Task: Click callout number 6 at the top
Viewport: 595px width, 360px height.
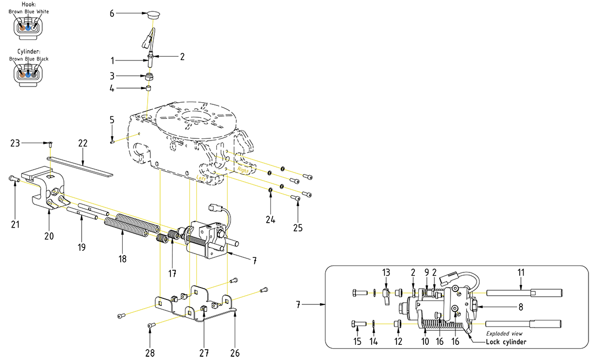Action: (113, 13)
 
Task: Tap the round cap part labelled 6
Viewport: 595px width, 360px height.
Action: (154, 13)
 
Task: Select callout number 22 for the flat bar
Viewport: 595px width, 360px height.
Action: (83, 143)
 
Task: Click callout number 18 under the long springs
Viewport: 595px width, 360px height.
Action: (123, 259)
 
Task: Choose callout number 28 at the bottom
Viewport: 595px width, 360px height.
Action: (150, 353)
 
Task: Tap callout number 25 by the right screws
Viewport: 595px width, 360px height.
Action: (298, 228)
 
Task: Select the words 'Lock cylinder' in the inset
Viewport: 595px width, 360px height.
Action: (505, 342)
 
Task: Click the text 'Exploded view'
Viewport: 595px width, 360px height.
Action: (504, 334)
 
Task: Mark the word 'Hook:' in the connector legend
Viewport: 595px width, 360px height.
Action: (29, 4)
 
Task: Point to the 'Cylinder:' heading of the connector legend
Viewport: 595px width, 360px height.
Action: (29, 51)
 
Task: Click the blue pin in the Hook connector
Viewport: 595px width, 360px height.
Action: (29, 26)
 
